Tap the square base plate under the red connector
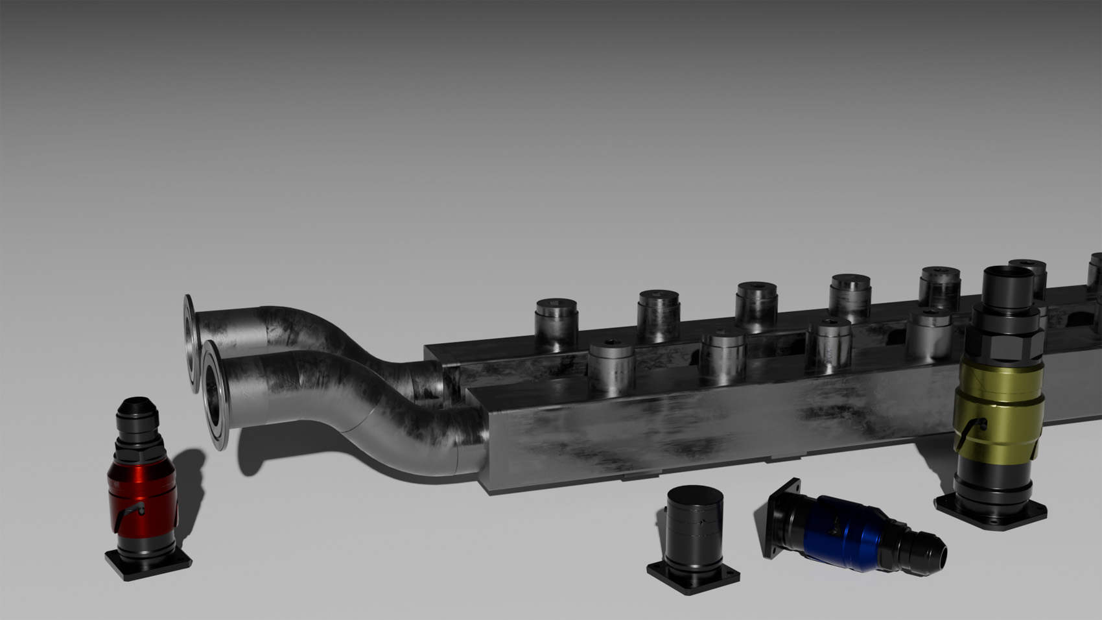tap(148, 564)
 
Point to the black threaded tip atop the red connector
tap(135, 409)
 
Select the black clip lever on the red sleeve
tap(134, 512)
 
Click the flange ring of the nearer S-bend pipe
tap(214, 396)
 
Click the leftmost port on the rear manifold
tap(556, 320)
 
